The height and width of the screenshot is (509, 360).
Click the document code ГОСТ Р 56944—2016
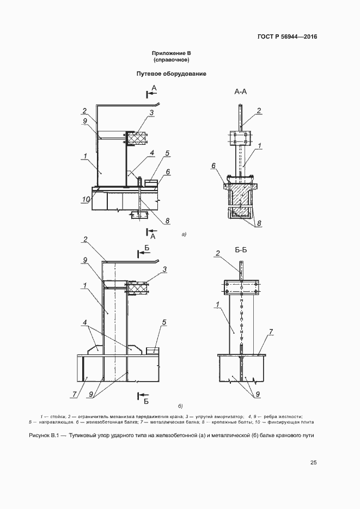(287, 36)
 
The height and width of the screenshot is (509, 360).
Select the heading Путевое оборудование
(171, 73)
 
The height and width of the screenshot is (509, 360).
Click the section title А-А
(241, 92)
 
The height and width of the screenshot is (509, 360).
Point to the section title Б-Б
(241, 250)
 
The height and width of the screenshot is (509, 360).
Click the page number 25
(313, 463)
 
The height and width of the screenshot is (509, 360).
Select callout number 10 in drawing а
(86, 199)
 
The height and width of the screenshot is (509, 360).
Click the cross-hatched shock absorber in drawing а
(136, 138)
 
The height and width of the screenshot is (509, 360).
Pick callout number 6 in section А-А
(213, 166)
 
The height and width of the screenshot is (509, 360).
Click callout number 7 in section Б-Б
(271, 332)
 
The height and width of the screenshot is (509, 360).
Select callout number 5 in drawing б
(164, 322)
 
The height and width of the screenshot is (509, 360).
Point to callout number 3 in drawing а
(151, 112)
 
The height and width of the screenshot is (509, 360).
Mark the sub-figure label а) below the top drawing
(184, 234)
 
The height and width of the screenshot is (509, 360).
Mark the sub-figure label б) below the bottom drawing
(180, 406)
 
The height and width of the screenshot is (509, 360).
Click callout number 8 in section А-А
(259, 223)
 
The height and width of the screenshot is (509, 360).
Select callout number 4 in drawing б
(85, 322)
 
